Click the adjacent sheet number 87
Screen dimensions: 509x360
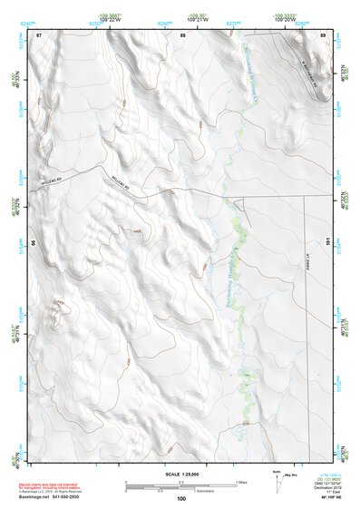coord(39,34)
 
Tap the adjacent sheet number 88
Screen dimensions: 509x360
coord(182,34)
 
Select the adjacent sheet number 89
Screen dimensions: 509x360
coord(323,34)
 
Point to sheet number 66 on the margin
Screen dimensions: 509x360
coord(34,243)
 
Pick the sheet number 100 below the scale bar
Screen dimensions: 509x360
coord(181,498)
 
